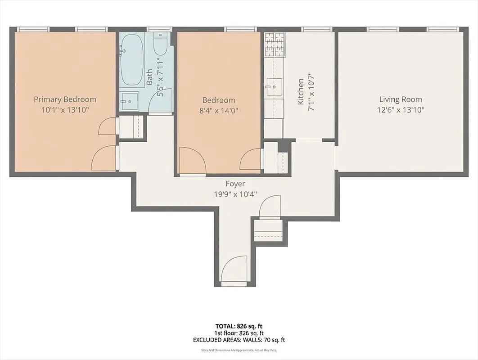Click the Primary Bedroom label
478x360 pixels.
(65, 99)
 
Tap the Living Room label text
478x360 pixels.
(401, 99)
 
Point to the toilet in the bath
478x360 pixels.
(161, 45)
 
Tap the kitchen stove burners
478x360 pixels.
(274, 45)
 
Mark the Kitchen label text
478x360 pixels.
(301, 92)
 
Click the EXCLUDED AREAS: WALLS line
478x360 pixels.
(239, 340)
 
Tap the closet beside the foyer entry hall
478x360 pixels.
(268, 231)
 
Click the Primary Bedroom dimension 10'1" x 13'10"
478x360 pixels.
(65, 110)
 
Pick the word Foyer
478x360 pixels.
(235, 184)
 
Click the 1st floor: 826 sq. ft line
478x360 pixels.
(239, 333)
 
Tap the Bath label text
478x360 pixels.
(150, 77)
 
